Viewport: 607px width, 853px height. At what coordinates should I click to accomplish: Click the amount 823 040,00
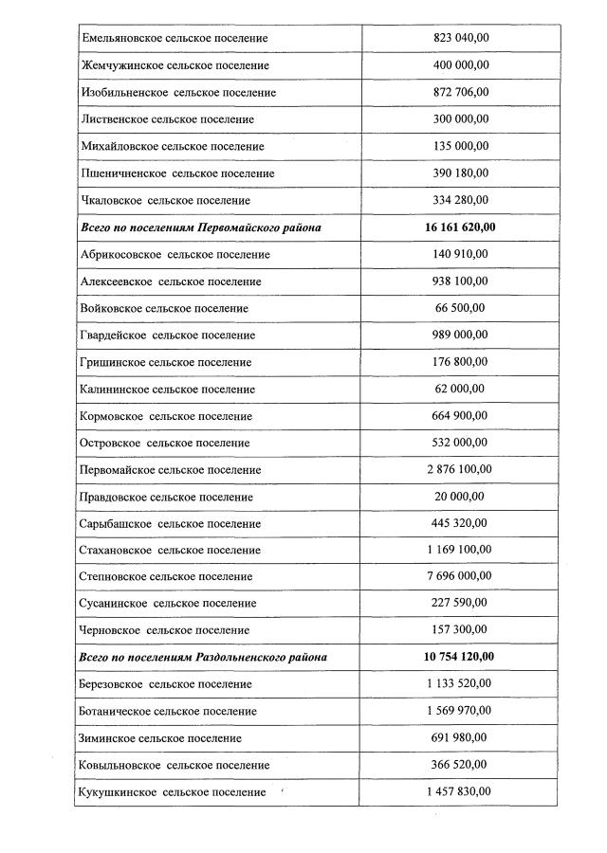[459, 38]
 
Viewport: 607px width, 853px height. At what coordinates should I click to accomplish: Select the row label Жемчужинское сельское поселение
[175, 65]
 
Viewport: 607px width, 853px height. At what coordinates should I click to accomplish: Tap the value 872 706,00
[459, 92]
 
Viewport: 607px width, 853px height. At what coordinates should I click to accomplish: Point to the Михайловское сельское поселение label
[173, 147]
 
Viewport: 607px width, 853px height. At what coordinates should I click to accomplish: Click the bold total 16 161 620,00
[459, 227]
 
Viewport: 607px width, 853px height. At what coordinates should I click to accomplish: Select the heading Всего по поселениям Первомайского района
[201, 227]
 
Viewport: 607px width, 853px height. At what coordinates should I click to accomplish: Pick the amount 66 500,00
[459, 308]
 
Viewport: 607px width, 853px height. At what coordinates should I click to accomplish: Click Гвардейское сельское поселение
[168, 336]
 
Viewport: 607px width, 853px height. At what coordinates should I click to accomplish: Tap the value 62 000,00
[459, 389]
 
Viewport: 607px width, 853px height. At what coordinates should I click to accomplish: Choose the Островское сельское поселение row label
[166, 443]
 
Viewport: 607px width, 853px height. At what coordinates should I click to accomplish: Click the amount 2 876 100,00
[459, 469]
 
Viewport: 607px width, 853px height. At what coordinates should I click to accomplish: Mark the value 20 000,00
[459, 497]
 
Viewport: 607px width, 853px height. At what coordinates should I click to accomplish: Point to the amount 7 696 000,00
[459, 576]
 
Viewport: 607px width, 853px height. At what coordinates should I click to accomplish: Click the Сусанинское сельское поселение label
[169, 603]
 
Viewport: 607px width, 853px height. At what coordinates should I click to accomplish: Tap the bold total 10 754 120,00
[459, 657]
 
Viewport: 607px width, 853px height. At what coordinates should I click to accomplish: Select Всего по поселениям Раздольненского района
[205, 657]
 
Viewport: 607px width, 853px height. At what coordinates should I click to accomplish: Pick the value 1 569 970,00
[459, 711]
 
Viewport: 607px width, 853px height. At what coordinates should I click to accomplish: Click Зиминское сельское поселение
[161, 737]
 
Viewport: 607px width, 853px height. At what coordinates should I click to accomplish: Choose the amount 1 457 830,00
[459, 791]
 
